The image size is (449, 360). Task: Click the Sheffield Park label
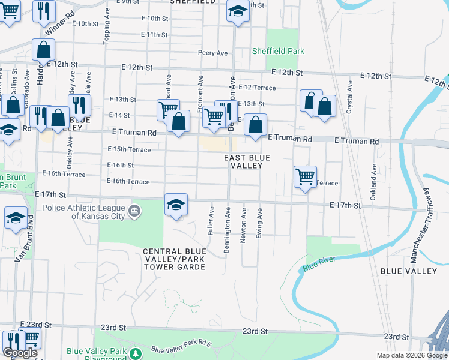coord(278,52)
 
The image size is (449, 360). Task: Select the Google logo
coord(20,353)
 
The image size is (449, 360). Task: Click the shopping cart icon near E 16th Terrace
coord(306,176)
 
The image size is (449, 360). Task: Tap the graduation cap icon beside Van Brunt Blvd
coord(16,218)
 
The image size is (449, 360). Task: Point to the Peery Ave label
coord(213,53)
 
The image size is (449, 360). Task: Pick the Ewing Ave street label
coord(259,223)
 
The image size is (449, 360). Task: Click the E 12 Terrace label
coord(257,88)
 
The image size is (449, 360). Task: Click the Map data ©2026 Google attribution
coord(411,355)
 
